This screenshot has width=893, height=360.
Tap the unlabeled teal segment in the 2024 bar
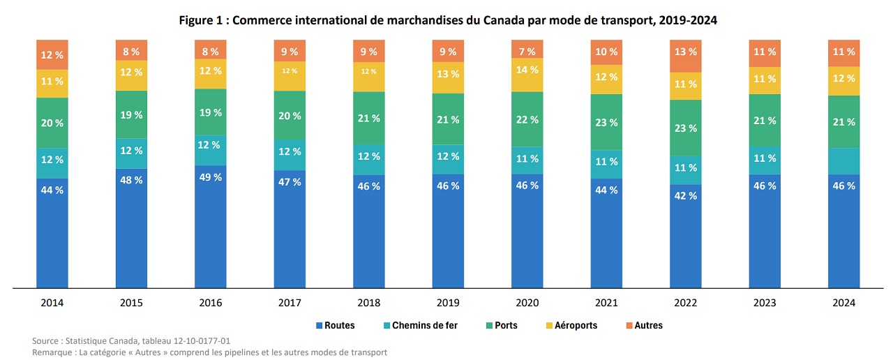845,161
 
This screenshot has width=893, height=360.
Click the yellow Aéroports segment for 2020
528,70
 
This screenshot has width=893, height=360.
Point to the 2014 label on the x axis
52,303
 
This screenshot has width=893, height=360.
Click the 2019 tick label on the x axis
449,303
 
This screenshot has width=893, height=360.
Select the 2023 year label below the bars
765,303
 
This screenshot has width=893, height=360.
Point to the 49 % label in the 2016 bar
211,177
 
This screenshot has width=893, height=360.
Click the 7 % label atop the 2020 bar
528,52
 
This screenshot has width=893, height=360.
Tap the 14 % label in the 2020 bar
528,70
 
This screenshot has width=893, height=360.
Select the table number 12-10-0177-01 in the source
196,340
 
